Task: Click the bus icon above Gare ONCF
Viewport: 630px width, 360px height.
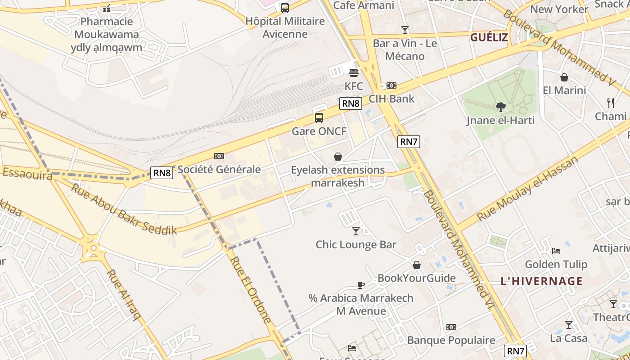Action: click(319, 118)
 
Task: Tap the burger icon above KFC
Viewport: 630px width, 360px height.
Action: click(353, 72)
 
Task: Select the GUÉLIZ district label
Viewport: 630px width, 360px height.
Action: click(489, 37)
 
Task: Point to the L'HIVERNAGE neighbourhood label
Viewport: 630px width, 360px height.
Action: click(541, 282)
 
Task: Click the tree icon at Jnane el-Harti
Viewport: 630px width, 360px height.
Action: click(500, 107)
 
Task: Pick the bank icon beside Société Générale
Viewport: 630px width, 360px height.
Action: click(219, 156)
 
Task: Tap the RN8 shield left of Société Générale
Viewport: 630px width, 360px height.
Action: click(162, 172)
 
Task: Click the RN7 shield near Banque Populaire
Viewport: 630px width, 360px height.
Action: click(515, 351)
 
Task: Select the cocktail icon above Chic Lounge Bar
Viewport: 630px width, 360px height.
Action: click(356, 231)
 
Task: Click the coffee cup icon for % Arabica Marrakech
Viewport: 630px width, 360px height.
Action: click(360, 284)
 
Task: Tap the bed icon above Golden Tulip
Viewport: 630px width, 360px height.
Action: click(556, 251)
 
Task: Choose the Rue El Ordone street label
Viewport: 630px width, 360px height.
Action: click(250, 290)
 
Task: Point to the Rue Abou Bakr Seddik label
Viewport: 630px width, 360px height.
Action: click(124, 209)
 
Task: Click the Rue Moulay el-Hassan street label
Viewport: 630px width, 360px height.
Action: click(527, 189)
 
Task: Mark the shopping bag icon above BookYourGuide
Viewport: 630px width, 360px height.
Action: click(417, 265)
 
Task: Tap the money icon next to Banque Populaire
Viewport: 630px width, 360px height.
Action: click(451, 327)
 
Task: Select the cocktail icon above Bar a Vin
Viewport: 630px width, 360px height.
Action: click(405, 30)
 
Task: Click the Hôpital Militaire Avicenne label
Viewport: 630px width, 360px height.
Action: click(285, 27)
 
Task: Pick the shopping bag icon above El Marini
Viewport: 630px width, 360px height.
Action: click(564, 77)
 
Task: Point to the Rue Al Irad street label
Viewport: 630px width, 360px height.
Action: click(124, 295)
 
